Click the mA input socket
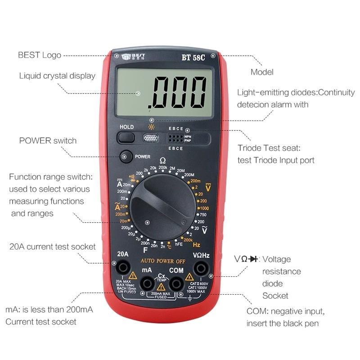coord(147,283)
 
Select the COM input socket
coord(176,283)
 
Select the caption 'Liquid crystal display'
coord(57,76)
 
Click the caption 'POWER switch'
coord(48,140)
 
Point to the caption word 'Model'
coord(262,72)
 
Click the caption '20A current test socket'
coord(53,247)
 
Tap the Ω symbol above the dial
coord(162,161)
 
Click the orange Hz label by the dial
coord(197,245)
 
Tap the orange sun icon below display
coord(151,127)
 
